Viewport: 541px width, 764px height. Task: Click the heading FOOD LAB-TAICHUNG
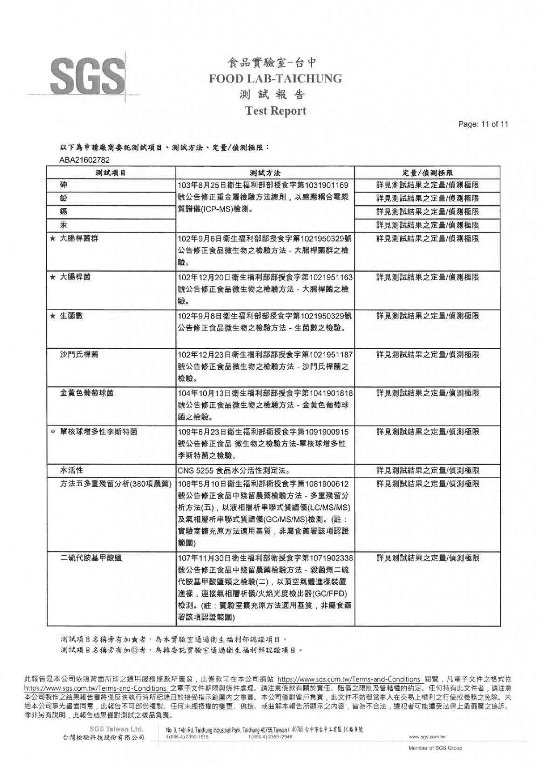(275, 78)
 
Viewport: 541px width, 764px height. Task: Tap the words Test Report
(276, 111)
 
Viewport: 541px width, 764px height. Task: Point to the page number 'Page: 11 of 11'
(483, 124)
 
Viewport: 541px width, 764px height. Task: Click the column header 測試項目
(111, 172)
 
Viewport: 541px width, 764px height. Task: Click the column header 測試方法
(265, 172)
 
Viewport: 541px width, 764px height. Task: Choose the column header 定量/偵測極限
(427, 172)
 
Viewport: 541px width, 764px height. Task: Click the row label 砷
(64, 185)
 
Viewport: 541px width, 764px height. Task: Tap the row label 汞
(64, 225)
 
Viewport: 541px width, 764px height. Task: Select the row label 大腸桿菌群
(79, 238)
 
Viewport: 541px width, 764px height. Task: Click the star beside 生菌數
(53, 316)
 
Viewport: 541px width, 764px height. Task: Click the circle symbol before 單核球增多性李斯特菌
(53, 432)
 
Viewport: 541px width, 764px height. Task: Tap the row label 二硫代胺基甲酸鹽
(91, 558)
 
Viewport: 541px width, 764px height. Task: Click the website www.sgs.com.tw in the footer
(427, 737)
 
